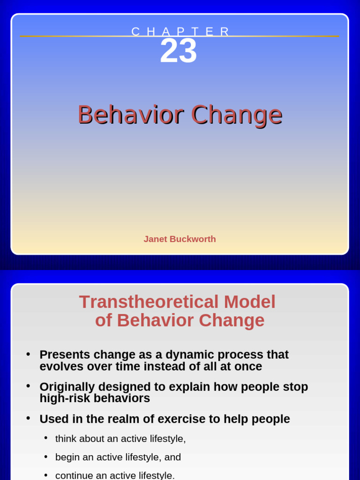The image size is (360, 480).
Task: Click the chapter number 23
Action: click(178, 52)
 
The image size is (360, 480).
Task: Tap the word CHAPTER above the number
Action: click(180, 31)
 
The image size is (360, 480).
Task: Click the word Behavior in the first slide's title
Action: click(130, 114)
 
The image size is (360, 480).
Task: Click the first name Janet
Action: click(155, 239)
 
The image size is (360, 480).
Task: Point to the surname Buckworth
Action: click(192, 239)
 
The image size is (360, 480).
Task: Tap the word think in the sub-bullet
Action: click(65, 439)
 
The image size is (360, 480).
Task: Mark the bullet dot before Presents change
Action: click(29, 354)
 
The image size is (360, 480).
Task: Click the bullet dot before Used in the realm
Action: click(29, 418)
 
